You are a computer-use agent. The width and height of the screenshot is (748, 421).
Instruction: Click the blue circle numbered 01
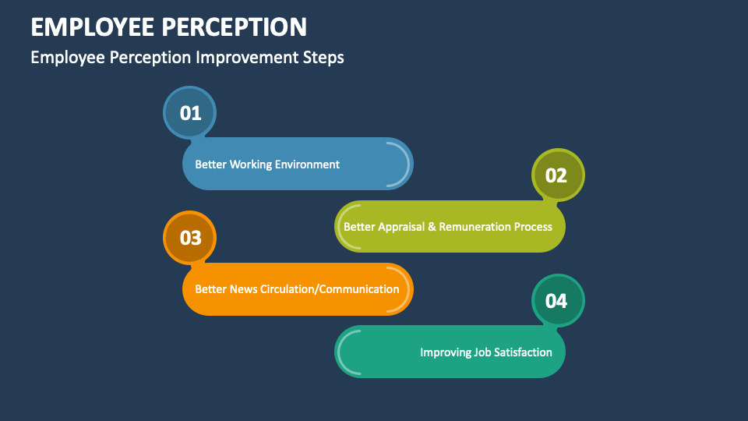point(190,113)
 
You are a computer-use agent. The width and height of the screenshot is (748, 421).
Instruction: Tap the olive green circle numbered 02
point(556,175)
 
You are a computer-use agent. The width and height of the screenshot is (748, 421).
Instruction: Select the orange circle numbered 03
point(190,238)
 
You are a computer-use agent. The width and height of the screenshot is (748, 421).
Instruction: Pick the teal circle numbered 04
point(556,300)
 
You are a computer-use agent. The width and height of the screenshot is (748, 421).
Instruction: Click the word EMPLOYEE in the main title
point(93,27)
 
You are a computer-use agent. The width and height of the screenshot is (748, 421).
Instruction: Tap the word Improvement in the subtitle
point(251,58)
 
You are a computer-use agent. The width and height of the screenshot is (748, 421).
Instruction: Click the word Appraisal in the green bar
point(404,227)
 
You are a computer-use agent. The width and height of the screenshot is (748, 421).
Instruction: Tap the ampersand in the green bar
point(433,227)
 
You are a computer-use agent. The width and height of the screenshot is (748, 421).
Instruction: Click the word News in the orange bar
point(242,289)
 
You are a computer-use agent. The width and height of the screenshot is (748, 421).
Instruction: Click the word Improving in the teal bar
point(445,352)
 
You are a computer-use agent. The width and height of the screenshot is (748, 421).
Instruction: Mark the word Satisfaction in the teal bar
point(523,352)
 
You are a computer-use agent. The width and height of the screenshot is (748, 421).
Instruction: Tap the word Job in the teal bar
point(482,352)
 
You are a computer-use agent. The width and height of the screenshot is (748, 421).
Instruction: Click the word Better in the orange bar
point(210,289)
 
